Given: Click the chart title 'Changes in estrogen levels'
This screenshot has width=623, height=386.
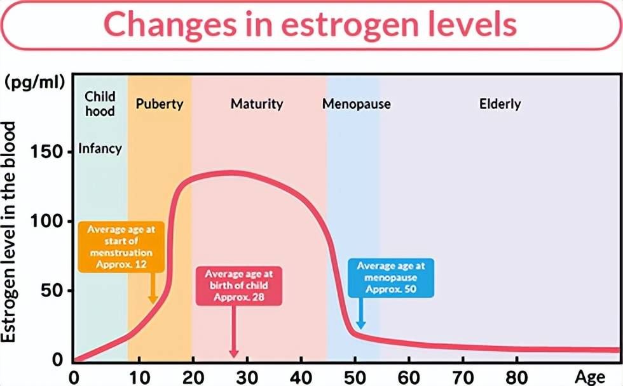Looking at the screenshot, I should pos(310,25).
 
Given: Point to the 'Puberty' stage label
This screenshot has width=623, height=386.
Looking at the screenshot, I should pos(160,104).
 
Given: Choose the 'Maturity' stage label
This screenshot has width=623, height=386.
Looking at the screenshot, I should pos(257,104).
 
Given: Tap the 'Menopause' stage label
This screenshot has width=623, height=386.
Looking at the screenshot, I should pos(356,104).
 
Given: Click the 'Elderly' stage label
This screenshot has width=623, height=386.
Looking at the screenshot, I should pos(500,104).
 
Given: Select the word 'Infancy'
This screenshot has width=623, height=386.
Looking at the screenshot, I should pos(100,149).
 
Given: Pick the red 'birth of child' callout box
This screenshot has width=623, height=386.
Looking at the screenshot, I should pos(238,286).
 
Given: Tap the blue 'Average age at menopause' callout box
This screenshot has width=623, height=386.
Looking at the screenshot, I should pos(391,278).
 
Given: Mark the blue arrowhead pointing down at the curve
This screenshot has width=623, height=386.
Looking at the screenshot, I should pos(360,324).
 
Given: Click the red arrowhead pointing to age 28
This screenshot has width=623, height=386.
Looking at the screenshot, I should pos(233,352).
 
